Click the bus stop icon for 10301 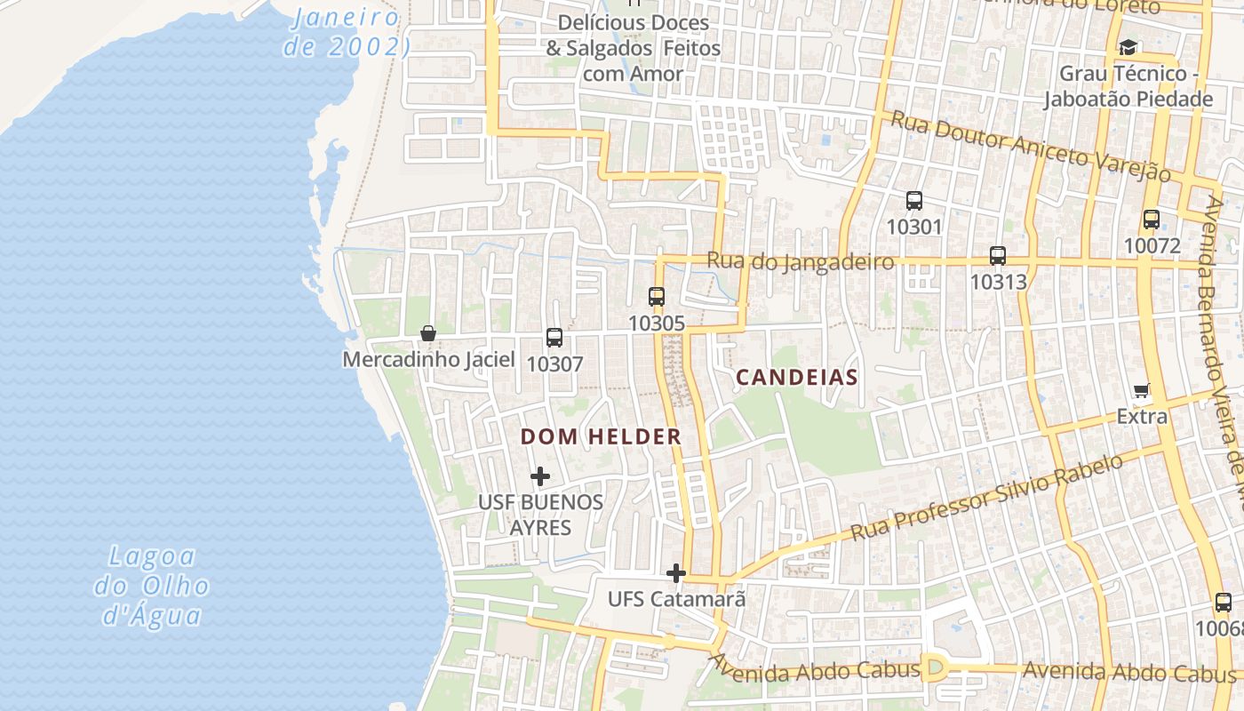click(913, 201)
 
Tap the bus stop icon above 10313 click(998, 256)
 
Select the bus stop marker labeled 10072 click(1151, 219)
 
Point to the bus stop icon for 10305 click(657, 297)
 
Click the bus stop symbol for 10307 click(554, 338)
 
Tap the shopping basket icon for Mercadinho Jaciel click(428, 333)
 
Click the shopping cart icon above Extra click(1142, 390)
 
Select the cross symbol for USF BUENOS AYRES click(540, 476)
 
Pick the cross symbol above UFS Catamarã click(676, 573)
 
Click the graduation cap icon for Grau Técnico click(1128, 47)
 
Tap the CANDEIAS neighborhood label click(797, 378)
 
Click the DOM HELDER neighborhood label click(601, 437)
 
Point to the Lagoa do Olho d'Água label click(152, 586)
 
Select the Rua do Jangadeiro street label click(800, 261)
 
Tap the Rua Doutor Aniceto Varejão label click(1031, 147)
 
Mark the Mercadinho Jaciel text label click(428, 360)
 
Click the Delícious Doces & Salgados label click(633, 48)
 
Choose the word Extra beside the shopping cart click(1142, 416)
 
